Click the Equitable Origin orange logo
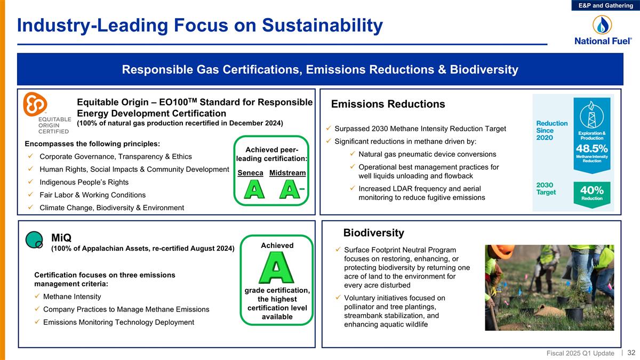[35, 105]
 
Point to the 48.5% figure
[591, 147]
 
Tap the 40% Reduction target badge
[591, 193]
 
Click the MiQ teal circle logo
[34, 240]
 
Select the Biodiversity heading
[373, 233]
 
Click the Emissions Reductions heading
[388, 104]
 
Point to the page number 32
[631, 353]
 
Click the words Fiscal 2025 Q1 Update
[581, 353]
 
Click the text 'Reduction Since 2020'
[551, 131]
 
